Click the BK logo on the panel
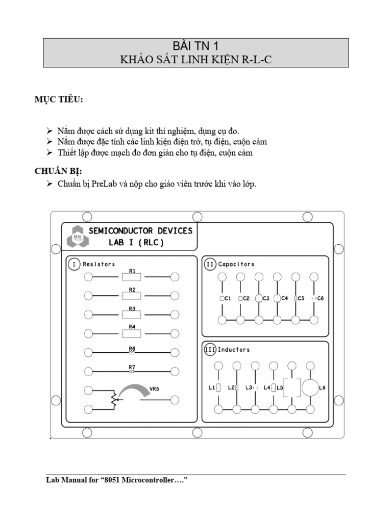[x=78, y=236]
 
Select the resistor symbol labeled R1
[x=132, y=277]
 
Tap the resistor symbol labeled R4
[x=132, y=333]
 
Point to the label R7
[x=132, y=367]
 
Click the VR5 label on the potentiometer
[x=154, y=389]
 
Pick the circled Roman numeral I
[x=74, y=264]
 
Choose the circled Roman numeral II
[x=210, y=264]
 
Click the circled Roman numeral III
[x=210, y=350]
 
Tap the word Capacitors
[x=236, y=264]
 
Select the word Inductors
[x=234, y=350]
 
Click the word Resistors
[x=99, y=264]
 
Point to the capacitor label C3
[x=266, y=298]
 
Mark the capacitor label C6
[x=320, y=298]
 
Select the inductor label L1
[x=212, y=388]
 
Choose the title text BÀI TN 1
[x=195, y=47]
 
